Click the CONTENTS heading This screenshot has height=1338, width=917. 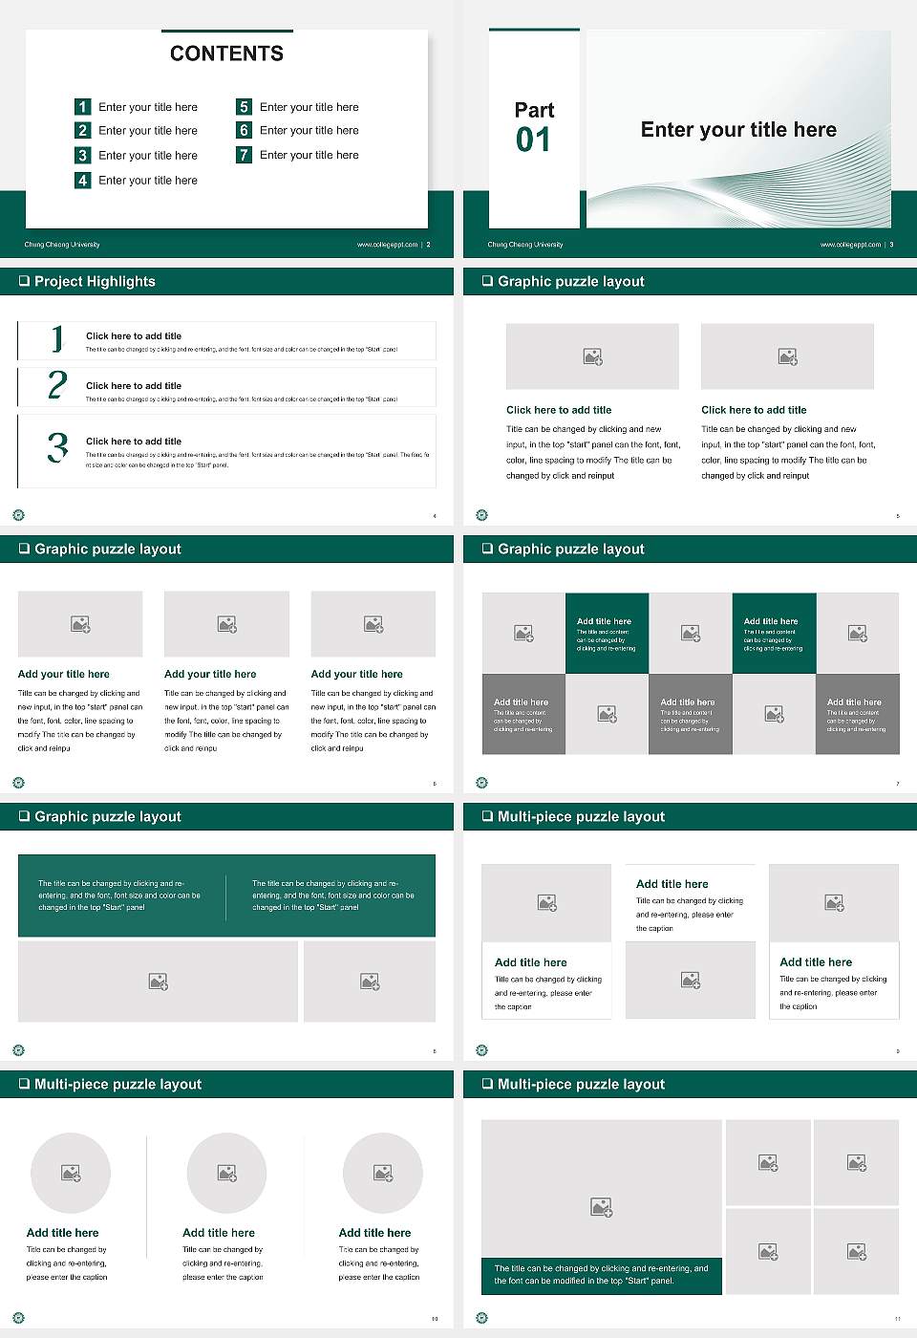[226, 54]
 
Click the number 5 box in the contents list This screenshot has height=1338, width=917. [244, 107]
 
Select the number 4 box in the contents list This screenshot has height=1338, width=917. [83, 180]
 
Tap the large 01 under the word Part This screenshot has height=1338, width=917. [533, 140]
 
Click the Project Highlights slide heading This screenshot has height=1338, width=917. [95, 281]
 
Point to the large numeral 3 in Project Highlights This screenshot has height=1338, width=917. [57, 447]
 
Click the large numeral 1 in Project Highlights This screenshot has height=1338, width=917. [57, 338]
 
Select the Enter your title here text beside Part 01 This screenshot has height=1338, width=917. [738, 130]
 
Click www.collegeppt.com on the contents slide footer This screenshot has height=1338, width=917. [387, 245]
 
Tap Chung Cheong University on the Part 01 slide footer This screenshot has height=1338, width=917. [525, 245]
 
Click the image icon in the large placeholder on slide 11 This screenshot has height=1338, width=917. [601, 1208]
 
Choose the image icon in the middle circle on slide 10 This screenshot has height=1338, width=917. [226, 1173]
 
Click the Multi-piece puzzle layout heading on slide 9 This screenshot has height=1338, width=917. [581, 816]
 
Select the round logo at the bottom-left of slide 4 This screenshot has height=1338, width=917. [18, 515]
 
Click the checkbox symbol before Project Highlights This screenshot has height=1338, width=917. [24, 281]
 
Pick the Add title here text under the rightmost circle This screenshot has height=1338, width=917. [374, 1233]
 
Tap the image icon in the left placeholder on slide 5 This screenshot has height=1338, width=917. [592, 356]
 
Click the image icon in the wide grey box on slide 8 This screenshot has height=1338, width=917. [159, 982]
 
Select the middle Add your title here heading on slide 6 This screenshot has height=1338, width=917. [210, 674]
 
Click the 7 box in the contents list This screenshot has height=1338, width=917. [244, 155]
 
